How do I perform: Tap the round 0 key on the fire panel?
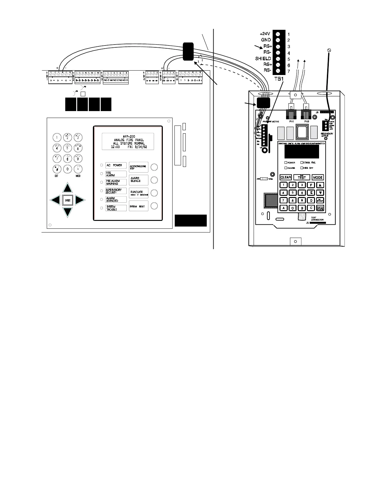[67, 169]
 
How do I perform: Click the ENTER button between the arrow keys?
[68, 200]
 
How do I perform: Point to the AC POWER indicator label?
[116, 165]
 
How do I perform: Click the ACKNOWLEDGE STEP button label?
[138, 167]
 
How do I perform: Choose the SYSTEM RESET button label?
[138, 206]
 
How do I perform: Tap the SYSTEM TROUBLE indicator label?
[116, 208]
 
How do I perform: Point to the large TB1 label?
[279, 79]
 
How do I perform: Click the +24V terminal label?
[265, 34]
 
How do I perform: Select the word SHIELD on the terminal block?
[263, 58]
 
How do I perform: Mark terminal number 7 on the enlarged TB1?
[289, 72]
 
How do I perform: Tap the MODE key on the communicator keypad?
[317, 177]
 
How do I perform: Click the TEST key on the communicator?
[301, 177]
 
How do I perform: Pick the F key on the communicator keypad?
[311, 185]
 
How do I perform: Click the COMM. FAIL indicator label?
[309, 163]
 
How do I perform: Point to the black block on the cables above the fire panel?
[188, 51]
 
